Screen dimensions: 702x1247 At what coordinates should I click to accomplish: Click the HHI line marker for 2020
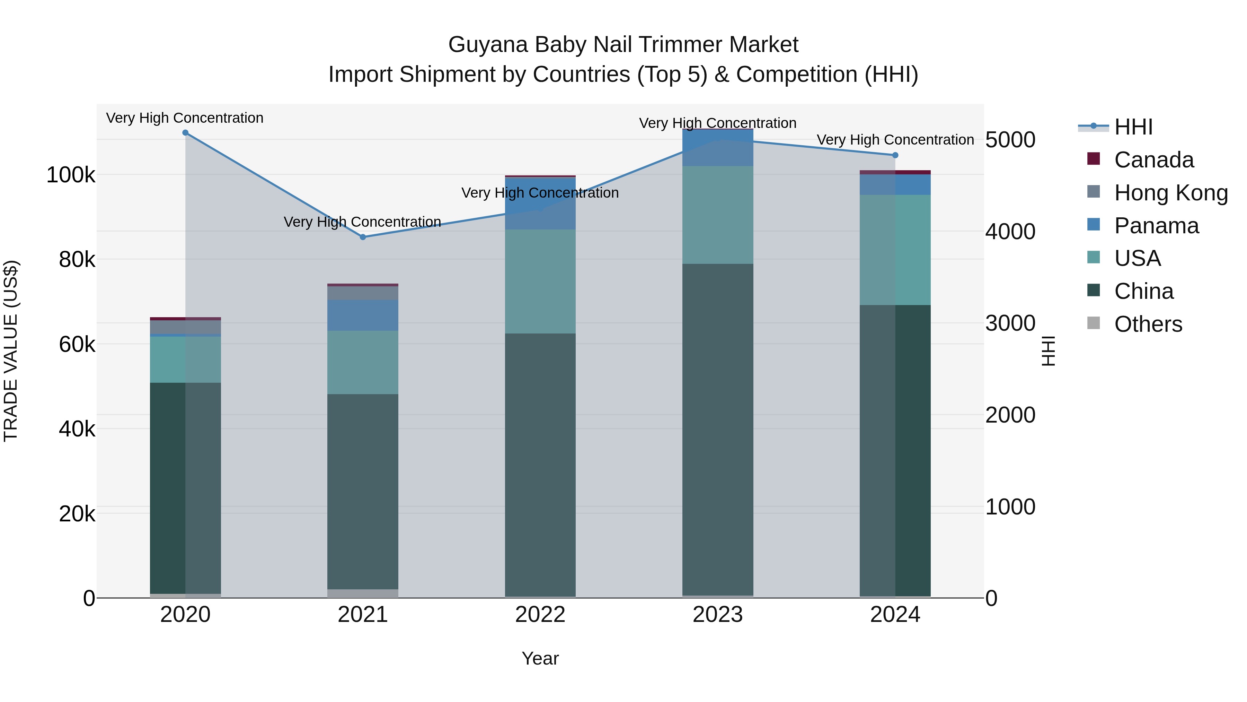pyautogui.click(x=185, y=133)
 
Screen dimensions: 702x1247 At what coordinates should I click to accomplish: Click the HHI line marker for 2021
pyautogui.click(x=363, y=237)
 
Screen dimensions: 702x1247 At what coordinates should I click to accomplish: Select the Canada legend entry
pyautogui.click(x=1153, y=160)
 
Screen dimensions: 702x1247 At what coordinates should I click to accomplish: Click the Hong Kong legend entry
pyautogui.click(x=1170, y=193)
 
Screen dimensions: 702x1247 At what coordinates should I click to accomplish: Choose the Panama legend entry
pyautogui.click(x=1156, y=226)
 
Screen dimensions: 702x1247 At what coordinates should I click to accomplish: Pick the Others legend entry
pyautogui.click(x=1148, y=324)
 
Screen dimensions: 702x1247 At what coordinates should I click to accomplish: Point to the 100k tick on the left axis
pyautogui.click(x=71, y=175)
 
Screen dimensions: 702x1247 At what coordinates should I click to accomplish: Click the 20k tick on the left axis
pyautogui.click(x=77, y=513)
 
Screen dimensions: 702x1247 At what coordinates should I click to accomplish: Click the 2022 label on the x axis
pyautogui.click(x=540, y=615)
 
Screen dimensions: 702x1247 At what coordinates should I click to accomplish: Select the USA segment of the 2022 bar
pyautogui.click(x=540, y=281)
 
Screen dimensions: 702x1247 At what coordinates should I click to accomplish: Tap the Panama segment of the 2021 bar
pyautogui.click(x=363, y=315)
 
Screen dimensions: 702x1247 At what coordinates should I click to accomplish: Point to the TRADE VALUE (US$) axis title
pyautogui.click(x=11, y=351)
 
